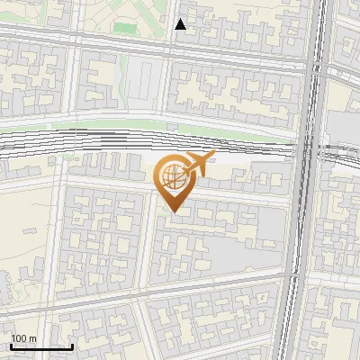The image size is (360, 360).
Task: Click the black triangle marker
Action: coord(180,25)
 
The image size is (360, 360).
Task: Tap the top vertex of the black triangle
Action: coord(180,19)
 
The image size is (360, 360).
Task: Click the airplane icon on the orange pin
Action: coord(198,164)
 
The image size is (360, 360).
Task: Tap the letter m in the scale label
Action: coord(32,338)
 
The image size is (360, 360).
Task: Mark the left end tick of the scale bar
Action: coord(11,346)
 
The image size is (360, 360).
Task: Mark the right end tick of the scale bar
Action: coord(72,346)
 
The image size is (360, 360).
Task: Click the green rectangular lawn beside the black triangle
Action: coord(126,28)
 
